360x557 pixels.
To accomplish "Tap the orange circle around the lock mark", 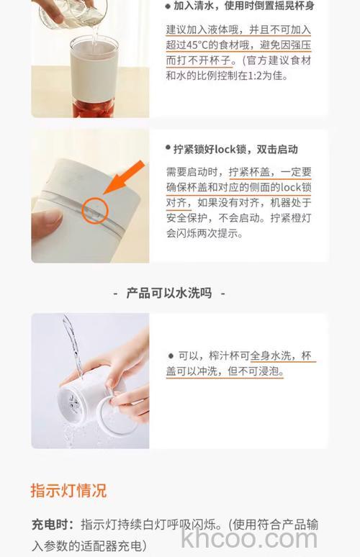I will pyautogui.click(x=95, y=210).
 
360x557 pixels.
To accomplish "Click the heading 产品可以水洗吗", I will pyautogui.click(x=169, y=293).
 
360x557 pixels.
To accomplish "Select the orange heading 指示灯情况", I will pyautogui.click(x=68, y=491).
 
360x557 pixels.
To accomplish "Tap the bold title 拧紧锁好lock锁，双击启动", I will pyautogui.click(x=235, y=150).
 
